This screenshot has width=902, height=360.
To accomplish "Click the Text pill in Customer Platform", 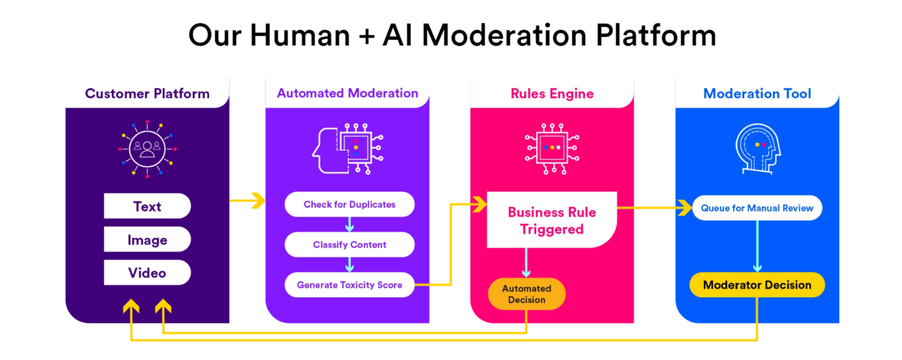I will coord(147,206).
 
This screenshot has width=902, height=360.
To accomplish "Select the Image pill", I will coord(147,240).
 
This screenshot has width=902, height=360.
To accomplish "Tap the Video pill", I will coord(147,272).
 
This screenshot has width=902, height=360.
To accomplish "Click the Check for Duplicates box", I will coord(349,204).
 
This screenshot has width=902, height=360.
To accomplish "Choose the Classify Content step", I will coord(349,244).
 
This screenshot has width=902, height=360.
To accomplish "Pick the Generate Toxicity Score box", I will coord(349,285).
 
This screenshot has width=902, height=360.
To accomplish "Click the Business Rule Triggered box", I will coord(551,220).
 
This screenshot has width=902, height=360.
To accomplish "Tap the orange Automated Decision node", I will coord(527,294).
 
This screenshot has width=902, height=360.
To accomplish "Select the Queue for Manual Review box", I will coord(757,208).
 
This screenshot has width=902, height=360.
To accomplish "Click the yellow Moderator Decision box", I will coord(757,285).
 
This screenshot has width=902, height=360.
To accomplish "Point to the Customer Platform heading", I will coord(147,93).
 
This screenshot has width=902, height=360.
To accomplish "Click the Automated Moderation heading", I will coord(348,93).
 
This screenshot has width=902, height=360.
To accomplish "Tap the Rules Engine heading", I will coord(552,93).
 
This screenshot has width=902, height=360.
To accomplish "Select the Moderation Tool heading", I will coord(757,93).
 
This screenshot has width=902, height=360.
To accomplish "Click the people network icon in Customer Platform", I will coord(147,149).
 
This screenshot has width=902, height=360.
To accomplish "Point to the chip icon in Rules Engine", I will coord(551,148).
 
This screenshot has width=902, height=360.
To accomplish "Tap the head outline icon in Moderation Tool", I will coord(757,149).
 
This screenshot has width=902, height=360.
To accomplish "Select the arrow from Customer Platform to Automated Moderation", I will coord(247,201).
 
